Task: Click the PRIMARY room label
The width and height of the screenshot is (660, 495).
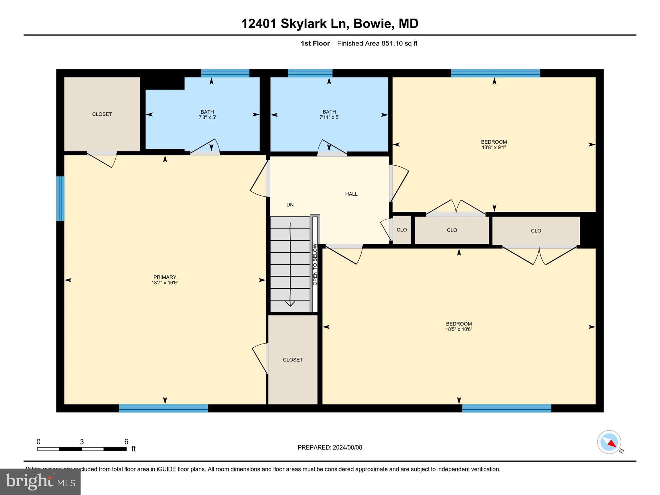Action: click(x=165, y=277)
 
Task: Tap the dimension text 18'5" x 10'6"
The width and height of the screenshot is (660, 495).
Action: click(x=459, y=329)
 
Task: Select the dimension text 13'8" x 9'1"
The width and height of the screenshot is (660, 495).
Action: click(x=494, y=148)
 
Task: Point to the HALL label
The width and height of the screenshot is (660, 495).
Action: click(x=351, y=194)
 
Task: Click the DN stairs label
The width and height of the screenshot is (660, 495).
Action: click(x=290, y=205)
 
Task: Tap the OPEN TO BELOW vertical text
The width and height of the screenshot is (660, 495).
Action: click(x=315, y=264)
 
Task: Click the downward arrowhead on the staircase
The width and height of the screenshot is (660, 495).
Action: click(x=290, y=304)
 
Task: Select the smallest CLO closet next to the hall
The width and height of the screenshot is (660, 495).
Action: click(x=402, y=230)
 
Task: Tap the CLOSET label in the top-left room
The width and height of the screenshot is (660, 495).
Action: click(x=102, y=114)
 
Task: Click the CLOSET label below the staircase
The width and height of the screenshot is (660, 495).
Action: click(x=293, y=360)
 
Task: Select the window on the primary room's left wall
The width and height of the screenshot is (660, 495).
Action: click(x=60, y=199)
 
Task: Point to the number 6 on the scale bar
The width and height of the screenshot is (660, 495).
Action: click(x=126, y=442)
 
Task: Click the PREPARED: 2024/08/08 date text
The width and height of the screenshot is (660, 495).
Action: click(x=330, y=447)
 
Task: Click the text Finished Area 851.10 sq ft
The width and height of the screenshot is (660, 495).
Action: click(x=377, y=44)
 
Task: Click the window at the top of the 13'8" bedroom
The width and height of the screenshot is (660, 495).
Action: click(x=495, y=73)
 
